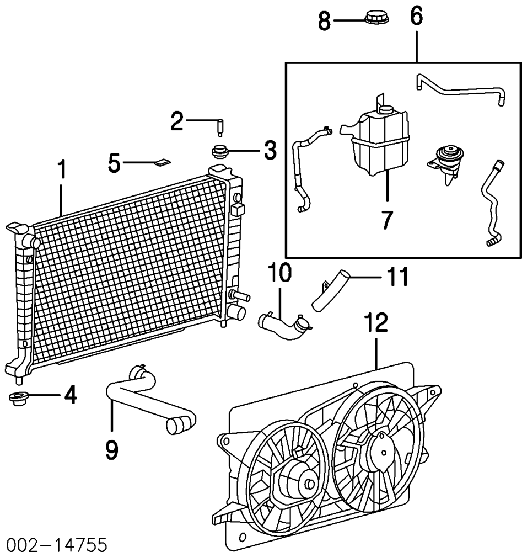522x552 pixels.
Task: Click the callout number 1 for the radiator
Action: (62, 169)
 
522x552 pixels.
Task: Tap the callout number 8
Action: (325, 21)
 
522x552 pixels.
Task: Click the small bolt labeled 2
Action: (220, 128)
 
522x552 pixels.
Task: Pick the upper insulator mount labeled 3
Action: (219, 152)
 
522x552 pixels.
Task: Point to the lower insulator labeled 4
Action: (18, 398)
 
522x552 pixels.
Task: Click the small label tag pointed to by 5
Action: (163, 162)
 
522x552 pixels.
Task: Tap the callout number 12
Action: (376, 322)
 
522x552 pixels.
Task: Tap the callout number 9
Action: (112, 450)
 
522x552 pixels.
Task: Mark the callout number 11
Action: (397, 277)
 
